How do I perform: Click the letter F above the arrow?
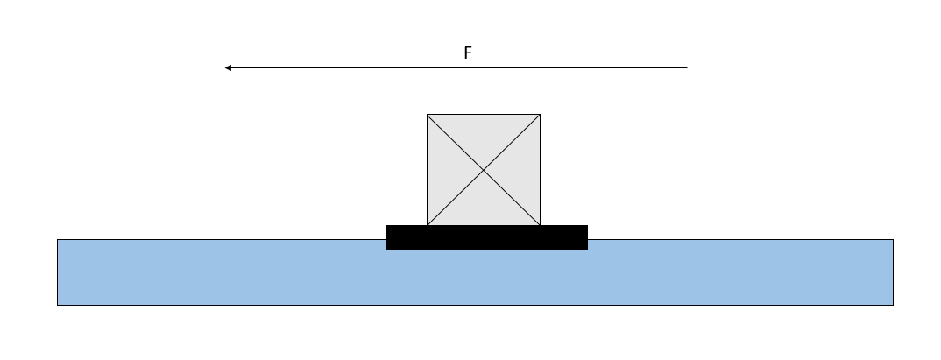[x=468, y=53]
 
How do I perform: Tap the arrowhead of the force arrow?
[x=227, y=67]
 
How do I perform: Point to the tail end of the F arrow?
[x=688, y=67]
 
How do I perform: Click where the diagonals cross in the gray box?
[x=484, y=170]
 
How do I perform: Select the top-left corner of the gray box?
[x=428, y=115]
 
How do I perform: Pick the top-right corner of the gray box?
[x=540, y=115]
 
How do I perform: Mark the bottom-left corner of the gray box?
[x=428, y=225]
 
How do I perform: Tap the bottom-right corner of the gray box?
[x=540, y=225]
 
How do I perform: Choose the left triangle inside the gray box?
[x=446, y=170]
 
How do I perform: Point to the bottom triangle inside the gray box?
[x=484, y=207]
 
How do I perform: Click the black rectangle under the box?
[x=486, y=237]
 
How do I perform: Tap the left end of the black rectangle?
[x=387, y=237]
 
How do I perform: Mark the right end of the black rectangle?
[x=586, y=237]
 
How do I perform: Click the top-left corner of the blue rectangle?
[x=58, y=240]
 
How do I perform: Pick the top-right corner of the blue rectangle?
[x=893, y=240]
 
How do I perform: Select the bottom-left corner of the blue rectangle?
[x=58, y=305]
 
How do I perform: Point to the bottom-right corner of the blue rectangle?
[x=893, y=305]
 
